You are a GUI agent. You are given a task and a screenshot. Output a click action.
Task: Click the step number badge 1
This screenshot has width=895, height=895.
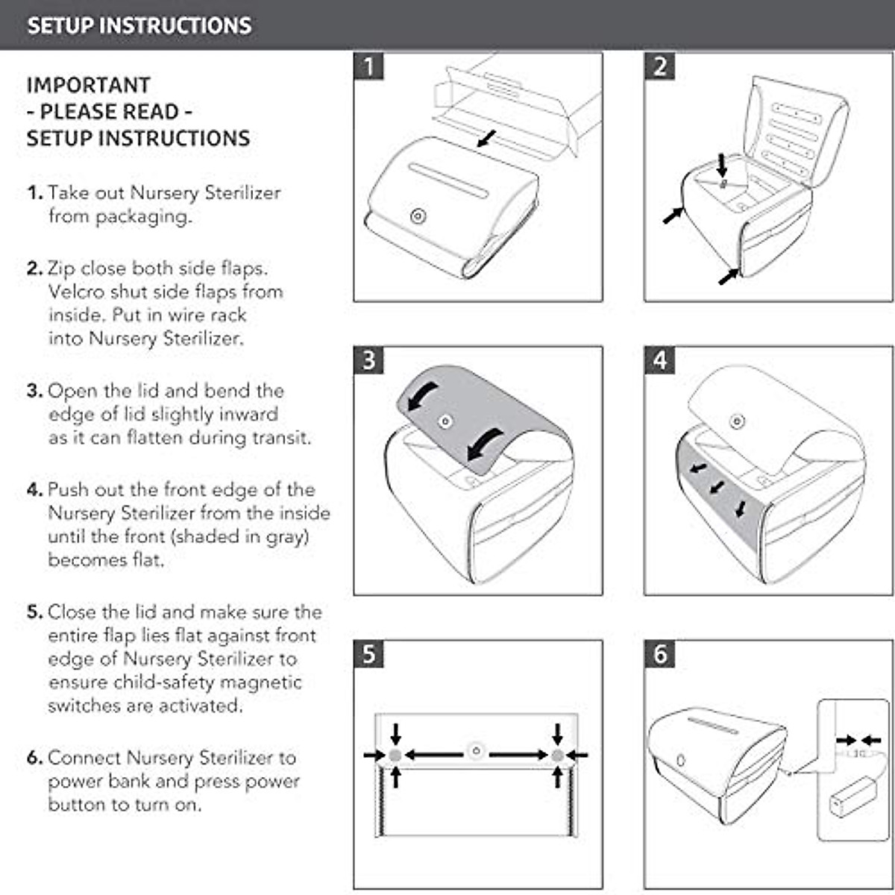tap(368, 66)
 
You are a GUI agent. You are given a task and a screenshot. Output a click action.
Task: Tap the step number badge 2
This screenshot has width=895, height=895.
tap(660, 66)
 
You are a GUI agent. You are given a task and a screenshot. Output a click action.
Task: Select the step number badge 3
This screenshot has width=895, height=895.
tap(368, 360)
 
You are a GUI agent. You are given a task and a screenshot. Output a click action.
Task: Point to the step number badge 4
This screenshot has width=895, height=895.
tap(660, 360)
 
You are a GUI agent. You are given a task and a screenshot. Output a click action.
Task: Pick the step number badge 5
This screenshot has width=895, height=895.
tap(368, 654)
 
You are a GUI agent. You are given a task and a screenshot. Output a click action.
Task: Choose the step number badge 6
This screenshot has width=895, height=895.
tap(660, 654)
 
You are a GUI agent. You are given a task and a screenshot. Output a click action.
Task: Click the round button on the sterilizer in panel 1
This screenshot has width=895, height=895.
tap(418, 216)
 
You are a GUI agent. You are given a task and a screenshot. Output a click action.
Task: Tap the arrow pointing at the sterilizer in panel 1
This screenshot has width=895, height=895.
tap(486, 139)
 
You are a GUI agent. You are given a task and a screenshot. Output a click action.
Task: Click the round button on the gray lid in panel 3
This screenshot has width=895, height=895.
tap(446, 421)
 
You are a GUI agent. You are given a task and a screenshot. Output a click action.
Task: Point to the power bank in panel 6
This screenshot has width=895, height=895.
tap(852, 796)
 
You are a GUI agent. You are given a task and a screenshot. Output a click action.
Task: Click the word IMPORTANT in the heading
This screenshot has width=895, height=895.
tap(89, 85)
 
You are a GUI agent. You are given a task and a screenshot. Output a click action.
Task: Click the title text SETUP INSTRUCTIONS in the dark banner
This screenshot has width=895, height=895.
tap(139, 25)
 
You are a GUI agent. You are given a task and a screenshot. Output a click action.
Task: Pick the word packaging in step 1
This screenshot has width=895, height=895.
tap(143, 217)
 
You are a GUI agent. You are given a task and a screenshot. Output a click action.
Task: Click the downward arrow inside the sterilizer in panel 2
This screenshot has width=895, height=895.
tap(722, 166)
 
